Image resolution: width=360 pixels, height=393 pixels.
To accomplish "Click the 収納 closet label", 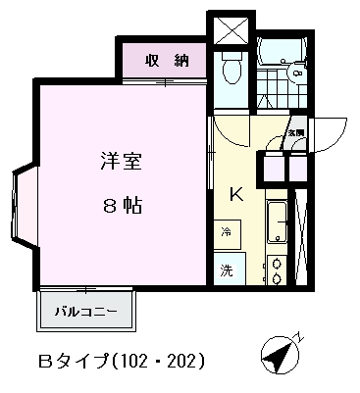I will tap(166, 61).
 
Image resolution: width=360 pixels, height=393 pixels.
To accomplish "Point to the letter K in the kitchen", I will tap(235, 193).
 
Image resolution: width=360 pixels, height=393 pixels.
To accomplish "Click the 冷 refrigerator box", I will tap(227, 233).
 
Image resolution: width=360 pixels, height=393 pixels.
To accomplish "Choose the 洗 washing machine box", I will tap(227, 270).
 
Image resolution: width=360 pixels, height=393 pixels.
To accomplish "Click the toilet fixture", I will tap(231, 68).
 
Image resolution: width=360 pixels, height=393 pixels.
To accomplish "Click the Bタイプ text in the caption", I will tap(79, 360).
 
